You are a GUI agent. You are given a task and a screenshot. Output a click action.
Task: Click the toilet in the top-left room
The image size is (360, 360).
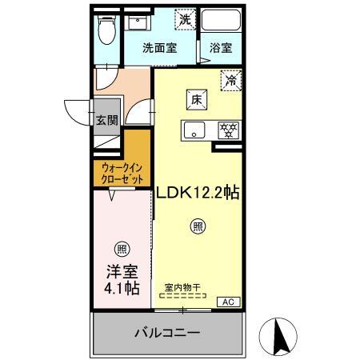click(106, 30)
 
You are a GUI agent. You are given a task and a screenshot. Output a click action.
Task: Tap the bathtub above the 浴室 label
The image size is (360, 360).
click(221, 20)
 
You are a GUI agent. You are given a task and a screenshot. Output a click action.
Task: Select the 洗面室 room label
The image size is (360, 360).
click(159, 48)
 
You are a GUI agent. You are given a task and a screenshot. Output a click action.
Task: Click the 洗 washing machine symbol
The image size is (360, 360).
click(185, 19)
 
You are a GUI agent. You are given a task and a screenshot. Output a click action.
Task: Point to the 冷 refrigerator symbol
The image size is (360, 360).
click(231, 80)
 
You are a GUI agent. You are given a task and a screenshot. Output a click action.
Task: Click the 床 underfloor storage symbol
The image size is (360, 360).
click(197, 99)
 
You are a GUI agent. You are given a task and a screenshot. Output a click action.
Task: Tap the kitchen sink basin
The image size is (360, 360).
click(194, 130)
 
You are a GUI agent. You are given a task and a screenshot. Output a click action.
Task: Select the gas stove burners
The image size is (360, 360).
click(228, 130)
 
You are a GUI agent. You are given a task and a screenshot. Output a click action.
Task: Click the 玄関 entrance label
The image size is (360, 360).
click(107, 120)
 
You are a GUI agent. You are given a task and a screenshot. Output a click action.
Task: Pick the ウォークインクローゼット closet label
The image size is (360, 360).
click(122, 174)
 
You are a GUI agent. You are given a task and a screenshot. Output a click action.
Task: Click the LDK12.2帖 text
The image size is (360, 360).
click(198, 193)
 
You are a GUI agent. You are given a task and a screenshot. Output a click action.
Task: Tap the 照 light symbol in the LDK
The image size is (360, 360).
click(198, 226)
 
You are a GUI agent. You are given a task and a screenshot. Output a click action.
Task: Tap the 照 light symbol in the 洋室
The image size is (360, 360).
click(122, 249)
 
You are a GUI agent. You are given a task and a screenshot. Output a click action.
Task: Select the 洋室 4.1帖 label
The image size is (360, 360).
click(122, 279)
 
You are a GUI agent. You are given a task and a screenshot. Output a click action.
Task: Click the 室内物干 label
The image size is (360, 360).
click(182, 288)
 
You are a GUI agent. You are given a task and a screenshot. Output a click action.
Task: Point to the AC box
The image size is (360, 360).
click(229, 302)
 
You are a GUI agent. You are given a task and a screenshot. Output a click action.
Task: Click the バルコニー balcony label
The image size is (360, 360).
click(167, 333)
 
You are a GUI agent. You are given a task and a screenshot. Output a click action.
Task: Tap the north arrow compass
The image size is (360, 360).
click(278, 337)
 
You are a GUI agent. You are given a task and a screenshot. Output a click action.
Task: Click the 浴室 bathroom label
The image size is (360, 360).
click(221, 48)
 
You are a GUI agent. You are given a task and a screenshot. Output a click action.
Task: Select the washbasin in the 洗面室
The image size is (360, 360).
click(138, 22)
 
